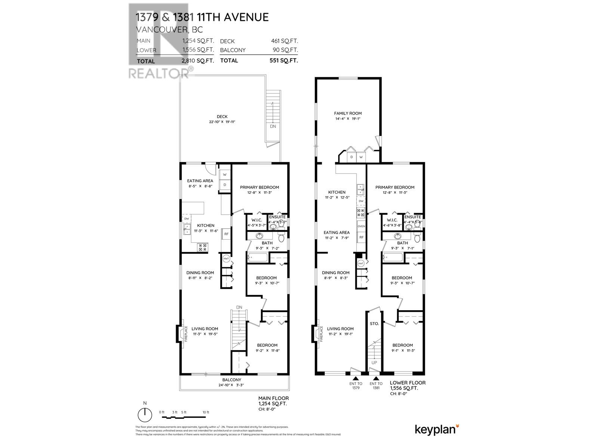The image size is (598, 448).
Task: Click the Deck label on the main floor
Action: [x=222, y=116]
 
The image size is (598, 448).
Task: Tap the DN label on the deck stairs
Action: [x=273, y=126]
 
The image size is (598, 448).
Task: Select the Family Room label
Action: [x=348, y=113]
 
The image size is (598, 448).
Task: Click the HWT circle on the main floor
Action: [x=226, y=259]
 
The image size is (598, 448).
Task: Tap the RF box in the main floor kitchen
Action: [x=226, y=234]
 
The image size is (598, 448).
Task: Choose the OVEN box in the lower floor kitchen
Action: [x=361, y=226]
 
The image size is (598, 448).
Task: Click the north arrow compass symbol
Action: [x=145, y=415]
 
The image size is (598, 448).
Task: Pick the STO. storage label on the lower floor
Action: [x=374, y=324]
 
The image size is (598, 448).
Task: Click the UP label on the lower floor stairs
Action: [x=374, y=363]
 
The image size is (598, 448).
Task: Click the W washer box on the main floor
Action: [x=225, y=174]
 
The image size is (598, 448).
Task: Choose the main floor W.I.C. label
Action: [x=256, y=220]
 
